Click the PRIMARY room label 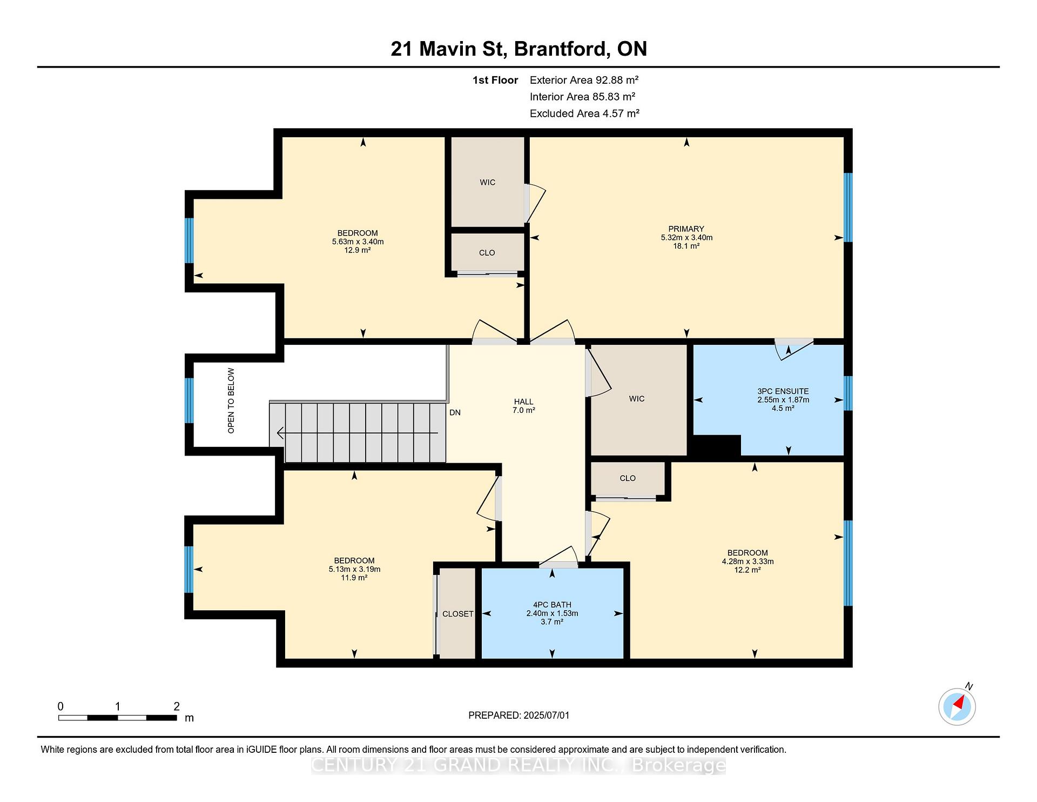pos(686,229)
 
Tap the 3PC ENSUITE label pos(783,391)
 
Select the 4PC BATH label pos(552,605)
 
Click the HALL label pos(523,402)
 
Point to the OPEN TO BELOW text pos(231,400)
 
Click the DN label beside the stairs pos(455,412)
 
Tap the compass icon pos(957,706)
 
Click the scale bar pos(118,718)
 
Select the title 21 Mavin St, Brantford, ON pos(518,49)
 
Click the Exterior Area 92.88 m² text pos(584,80)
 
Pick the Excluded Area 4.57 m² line pos(584,113)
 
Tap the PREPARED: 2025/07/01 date pos(518,715)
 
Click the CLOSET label pos(457,614)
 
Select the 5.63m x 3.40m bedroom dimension pos(358,242)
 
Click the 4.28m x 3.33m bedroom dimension pos(748,562)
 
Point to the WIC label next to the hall pos(637,399)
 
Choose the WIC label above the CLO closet pos(487,183)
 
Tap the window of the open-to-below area pos(189,400)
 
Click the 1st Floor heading pos(495,80)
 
